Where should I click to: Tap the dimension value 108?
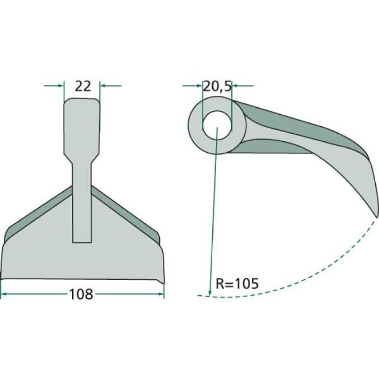[x=82, y=294]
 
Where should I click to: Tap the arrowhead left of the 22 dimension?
[x=61, y=86]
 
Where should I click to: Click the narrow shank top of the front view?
[x=82, y=125]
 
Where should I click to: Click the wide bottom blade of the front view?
[x=81, y=260]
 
